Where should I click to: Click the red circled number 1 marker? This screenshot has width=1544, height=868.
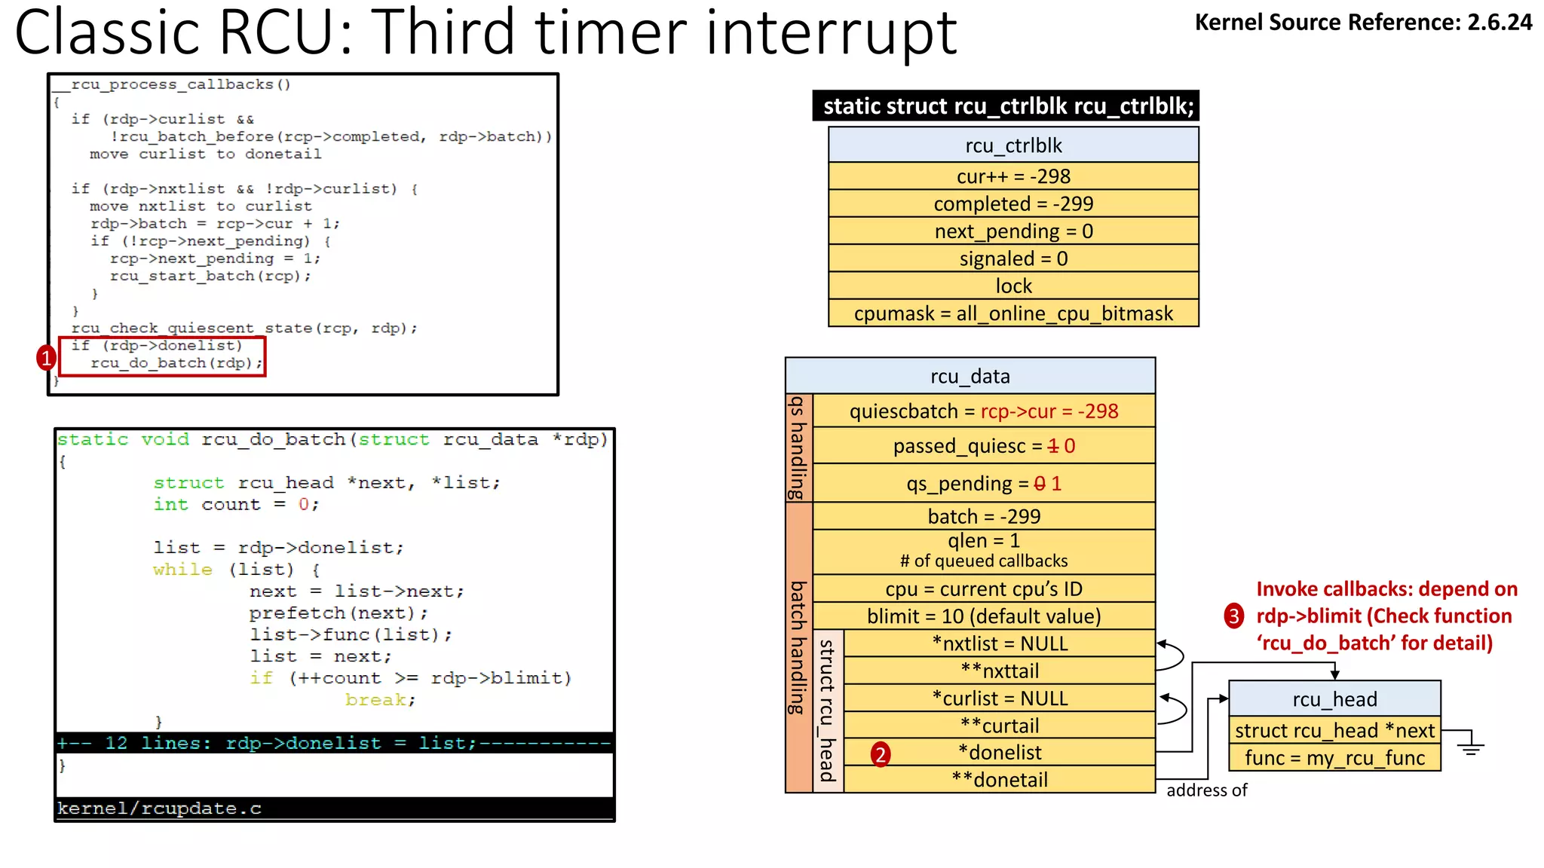click(47, 357)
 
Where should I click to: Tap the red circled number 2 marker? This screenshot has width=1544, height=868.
click(880, 753)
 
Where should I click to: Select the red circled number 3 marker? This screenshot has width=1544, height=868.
click(1233, 616)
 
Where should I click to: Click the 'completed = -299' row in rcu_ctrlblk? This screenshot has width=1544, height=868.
click(1013, 203)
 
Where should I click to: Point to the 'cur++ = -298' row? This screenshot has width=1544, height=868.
click(1013, 176)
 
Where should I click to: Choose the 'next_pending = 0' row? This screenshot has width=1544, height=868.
click(1013, 231)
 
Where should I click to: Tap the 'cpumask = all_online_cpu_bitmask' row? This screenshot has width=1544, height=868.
click(1013, 313)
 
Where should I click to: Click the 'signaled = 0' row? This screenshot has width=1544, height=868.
click(1013, 258)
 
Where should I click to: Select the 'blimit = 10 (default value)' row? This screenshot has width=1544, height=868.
click(984, 616)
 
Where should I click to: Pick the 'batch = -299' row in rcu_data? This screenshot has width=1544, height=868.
click(984, 516)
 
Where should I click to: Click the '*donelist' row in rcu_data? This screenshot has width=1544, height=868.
click(1000, 752)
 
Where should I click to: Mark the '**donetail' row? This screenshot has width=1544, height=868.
click(1000, 780)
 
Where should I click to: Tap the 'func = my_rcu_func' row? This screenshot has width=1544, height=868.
click(1334, 758)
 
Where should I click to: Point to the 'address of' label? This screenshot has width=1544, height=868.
click(1206, 790)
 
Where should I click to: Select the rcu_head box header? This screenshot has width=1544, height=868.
click(1334, 699)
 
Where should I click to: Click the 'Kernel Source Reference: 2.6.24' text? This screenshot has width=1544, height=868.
click(1363, 23)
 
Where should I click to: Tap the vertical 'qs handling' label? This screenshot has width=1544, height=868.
click(798, 448)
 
